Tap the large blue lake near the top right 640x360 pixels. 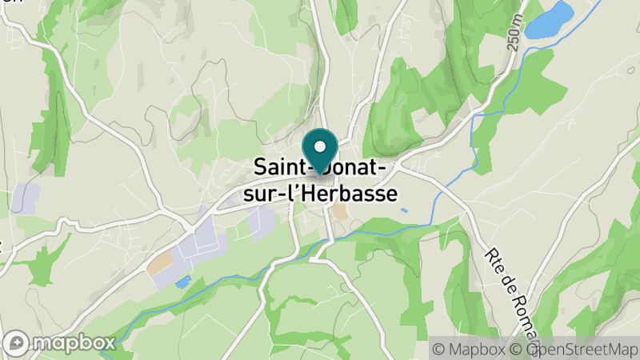coord(551,19)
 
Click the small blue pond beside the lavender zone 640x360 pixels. coord(183,282)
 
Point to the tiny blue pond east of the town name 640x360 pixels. coord(403,210)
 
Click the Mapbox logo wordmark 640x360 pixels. coord(76,343)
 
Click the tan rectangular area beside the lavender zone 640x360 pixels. coord(159,262)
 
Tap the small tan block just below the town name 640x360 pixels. coord(340,212)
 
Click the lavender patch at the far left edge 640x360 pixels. coord(24,196)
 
